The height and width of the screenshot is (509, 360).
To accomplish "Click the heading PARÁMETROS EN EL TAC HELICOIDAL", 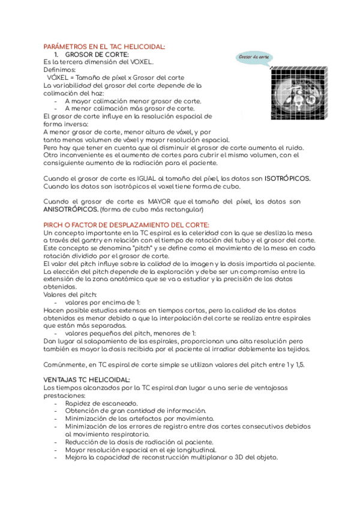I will pyautogui.click(x=105, y=46).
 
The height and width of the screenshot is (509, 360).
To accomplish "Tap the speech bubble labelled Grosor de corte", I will pyautogui.click(x=254, y=58).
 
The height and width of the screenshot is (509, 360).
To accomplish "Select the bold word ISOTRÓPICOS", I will pyautogui.click(x=287, y=178).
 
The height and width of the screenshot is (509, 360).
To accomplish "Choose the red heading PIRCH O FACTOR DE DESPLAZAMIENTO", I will pyautogui.click(x=127, y=224).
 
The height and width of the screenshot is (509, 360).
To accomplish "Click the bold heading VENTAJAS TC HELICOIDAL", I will pyautogui.click(x=87, y=380).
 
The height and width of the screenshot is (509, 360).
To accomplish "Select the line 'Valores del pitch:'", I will pyautogui.click(x=70, y=294).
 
